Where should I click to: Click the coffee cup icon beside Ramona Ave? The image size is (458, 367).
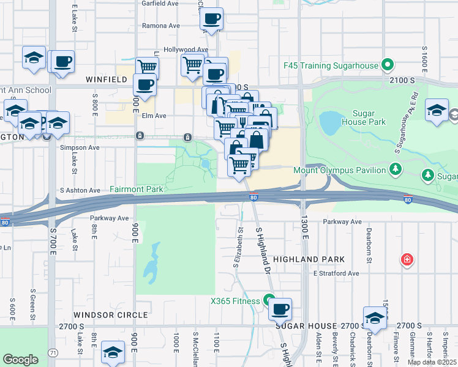click(x=211, y=19)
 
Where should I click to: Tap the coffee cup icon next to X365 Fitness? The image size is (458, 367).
click(x=280, y=310)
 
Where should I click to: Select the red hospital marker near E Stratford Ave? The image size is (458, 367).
click(x=406, y=261)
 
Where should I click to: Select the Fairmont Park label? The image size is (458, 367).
click(x=137, y=190)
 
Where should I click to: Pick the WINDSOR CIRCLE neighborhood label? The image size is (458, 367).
click(x=111, y=315)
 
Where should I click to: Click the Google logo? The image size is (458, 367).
click(x=20, y=360)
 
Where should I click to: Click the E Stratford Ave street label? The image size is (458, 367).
click(x=336, y=273)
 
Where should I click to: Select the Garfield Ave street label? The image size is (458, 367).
click(x=160, y=3)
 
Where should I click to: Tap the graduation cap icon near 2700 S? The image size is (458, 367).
click(x=375, y=318)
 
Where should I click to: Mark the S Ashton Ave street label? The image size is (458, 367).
click(x=80, y=190)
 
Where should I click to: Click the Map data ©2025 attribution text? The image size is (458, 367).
click(x=432, y=362)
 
